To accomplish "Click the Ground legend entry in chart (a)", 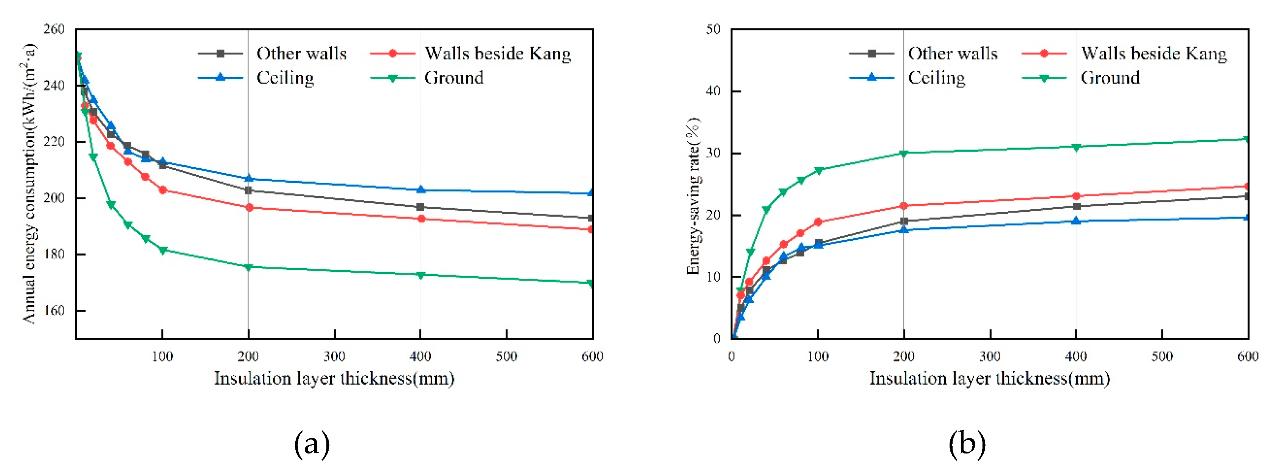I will click(453, 78).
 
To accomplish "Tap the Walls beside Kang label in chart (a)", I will click(497, 53).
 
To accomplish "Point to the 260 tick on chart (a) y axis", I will click(54, 30).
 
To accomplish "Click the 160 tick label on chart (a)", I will click(54, 311).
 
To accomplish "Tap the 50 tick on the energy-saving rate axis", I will click(713, 30).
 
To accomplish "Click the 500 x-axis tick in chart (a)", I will click(506, 356).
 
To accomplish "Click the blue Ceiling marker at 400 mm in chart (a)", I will click(421, 190).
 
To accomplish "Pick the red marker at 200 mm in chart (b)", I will click(904, 206).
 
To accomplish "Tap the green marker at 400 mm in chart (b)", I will click(1076, 147).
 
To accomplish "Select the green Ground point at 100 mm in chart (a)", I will click(163, 250).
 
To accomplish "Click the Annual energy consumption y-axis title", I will click(29, 183).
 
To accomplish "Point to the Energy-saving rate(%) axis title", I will click(693, 196).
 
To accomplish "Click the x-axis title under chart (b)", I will click(989, 379).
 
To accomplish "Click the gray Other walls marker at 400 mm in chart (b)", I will click(1076, 206).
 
